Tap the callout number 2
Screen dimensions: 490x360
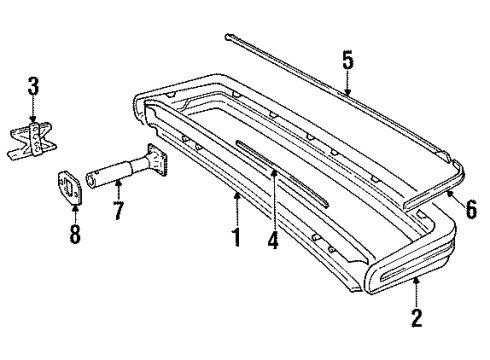point(417,319)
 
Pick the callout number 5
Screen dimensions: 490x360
point(347,60)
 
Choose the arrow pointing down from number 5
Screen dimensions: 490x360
point(347,85)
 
